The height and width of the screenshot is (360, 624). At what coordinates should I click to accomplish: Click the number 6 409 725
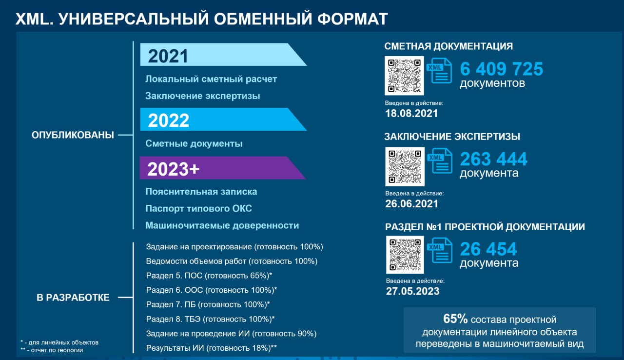click(502, 69)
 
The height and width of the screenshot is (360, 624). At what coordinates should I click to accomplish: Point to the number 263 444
click(494, 159)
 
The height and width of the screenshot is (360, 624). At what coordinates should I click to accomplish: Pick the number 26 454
click(488, 249)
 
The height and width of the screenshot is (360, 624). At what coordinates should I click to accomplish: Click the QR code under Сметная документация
click(404, 76)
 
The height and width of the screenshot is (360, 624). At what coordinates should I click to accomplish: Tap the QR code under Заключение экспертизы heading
click(405, 167)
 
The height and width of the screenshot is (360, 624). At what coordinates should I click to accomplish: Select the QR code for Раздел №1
click(405, 255)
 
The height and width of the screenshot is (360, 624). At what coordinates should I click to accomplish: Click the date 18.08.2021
click(411, 113)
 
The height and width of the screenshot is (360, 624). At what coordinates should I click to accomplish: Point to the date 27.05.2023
click(412, 291)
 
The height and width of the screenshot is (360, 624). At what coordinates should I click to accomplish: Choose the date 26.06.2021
click(412, 204)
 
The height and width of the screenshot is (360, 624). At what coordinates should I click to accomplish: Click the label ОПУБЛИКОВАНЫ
click(73, 135)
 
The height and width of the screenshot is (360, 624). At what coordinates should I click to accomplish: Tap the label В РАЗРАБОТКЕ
click(73, 298)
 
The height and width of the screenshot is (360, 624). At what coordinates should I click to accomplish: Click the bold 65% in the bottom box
click(455, 319)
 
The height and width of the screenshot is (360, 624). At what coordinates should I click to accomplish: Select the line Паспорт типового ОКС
click(198, 208)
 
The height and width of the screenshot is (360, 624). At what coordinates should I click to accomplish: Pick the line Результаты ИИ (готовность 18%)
click(212, 348)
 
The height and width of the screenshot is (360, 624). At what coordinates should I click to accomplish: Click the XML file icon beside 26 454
click(440, 250)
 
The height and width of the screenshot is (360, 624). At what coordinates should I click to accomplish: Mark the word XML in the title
click(34, 19)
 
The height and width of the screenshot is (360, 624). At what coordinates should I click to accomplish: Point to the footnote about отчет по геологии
click(52, 350)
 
